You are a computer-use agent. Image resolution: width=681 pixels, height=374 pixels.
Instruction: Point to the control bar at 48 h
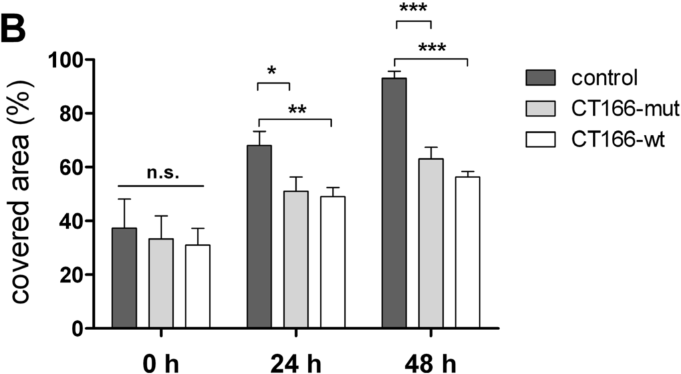point(394,203)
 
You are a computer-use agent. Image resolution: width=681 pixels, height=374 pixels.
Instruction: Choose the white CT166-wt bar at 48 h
point(468,252)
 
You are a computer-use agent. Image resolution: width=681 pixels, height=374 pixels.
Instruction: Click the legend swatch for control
point(543,77)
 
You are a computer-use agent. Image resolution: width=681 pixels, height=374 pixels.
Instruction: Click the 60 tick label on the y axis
point(69,167)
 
